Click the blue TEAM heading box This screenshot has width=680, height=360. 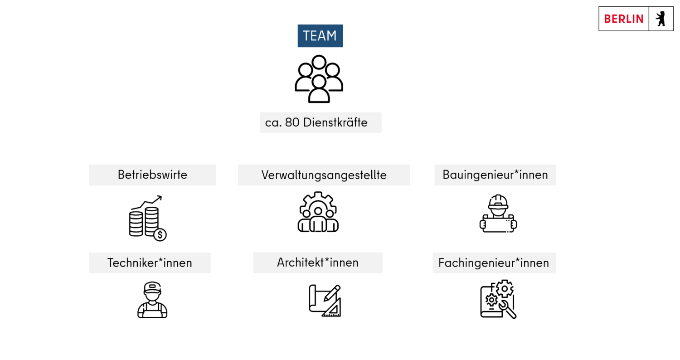[x=320, y=36]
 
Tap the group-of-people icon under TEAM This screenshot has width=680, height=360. [x=319, y=79]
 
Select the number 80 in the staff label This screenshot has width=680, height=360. [x=292, y=122]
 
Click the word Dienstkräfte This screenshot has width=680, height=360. [x=335, y=122]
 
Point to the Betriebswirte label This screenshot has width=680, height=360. [x=152, y=175]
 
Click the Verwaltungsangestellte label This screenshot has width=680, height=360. [x=324, y=175]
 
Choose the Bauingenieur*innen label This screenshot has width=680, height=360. [x=495, y=175]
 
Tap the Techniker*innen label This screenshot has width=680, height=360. [x=150, y=263]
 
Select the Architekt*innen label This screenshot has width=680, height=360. [x=317, y=263]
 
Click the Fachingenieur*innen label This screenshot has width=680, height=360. [x=494, y=263]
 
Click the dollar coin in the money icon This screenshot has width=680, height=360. [x=160, y=235]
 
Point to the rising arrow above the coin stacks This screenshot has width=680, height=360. [x=146, y=202]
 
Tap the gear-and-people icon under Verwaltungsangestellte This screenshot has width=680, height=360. [x=318, y=212]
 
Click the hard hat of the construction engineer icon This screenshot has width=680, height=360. [x=498, y=202]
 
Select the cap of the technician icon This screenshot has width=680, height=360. [x=152, y=287]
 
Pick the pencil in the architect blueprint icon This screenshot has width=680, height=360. [x=332, y=293]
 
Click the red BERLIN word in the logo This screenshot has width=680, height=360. [x=624, y=19]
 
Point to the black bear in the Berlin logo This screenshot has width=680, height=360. [x=661, y=19]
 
